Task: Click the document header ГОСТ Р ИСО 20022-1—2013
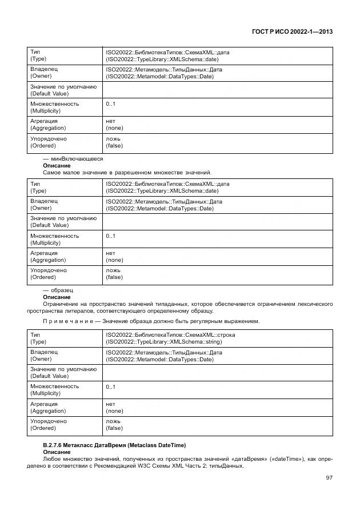tap(293, 32)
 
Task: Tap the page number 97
tap(329, 477)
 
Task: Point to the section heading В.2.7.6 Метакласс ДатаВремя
tap(114, 445)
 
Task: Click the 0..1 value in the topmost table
tap(110, 104)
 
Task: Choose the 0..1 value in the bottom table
tap(110, 387)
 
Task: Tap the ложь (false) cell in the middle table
tap(114, 274)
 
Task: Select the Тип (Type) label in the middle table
tap(38, 188)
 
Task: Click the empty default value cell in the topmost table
tap(217, 90)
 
